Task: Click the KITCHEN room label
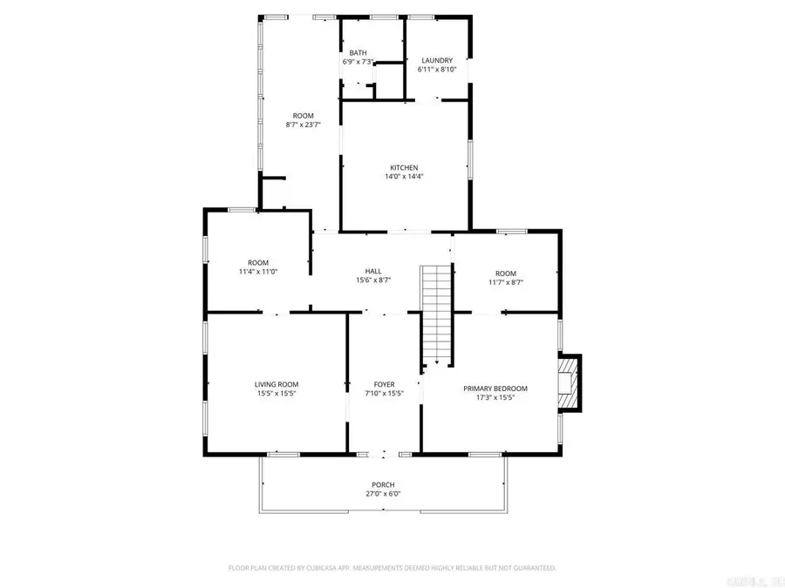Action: [x=404, y=167]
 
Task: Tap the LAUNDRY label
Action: [x=437, y=60]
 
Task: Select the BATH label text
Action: [x=358, y=52]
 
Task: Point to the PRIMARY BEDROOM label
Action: [x=495, y=389]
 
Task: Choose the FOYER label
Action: [x=384, y=384]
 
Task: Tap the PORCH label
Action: [x=383, y=484]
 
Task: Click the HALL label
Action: [x=373, y=271]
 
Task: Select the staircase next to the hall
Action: [x=436, y=314]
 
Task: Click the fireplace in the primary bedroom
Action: [x=570, y=382]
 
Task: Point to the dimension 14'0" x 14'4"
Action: [x=404, y=177]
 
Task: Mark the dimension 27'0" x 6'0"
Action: [x=383, y=494]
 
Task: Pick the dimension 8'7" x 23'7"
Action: [x=303, y=125]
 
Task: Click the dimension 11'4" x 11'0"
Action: [x=258, y=272]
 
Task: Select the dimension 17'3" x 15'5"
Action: [x=495, y=398]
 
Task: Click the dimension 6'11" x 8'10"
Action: [x=437, y=70]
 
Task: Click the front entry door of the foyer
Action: [x=384, y=454]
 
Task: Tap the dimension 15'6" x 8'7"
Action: [x=373, y=280]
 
